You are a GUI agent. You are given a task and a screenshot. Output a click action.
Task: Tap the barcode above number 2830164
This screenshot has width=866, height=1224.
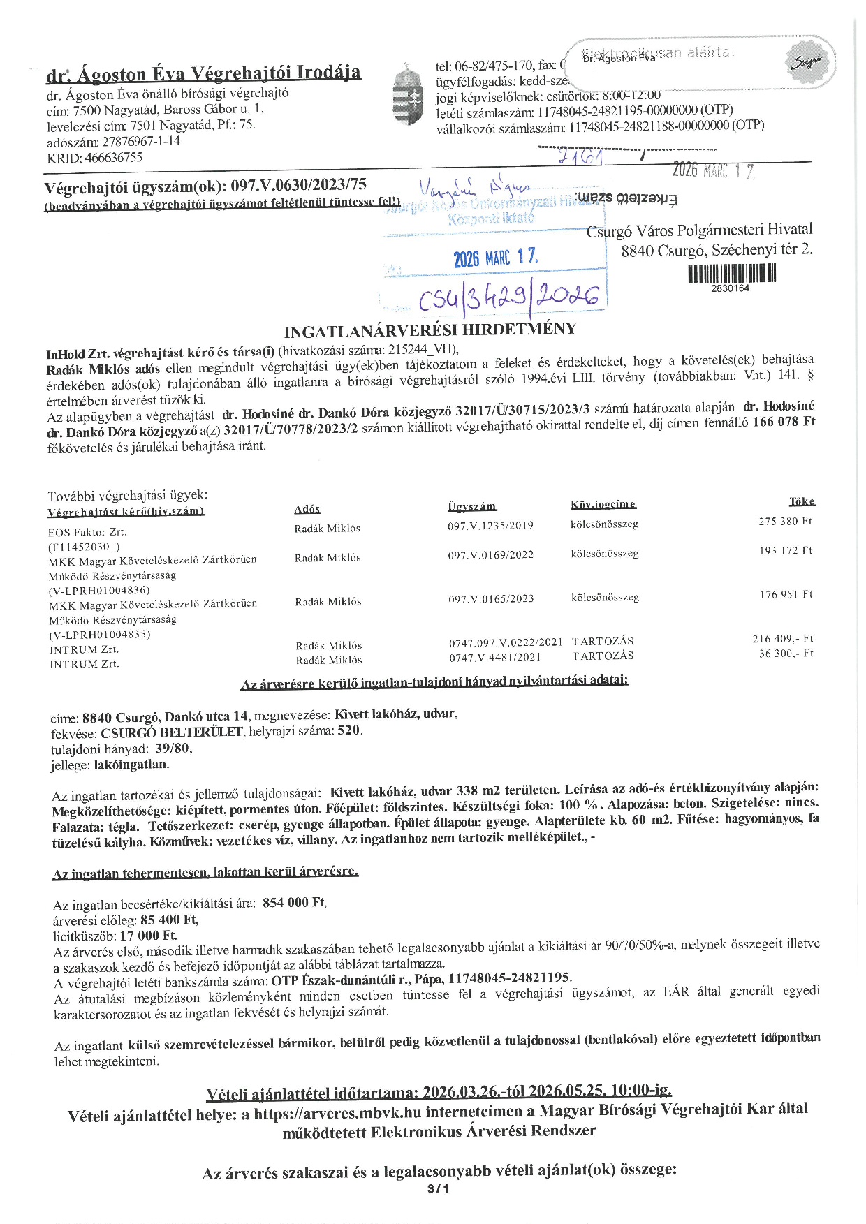coord(731,273)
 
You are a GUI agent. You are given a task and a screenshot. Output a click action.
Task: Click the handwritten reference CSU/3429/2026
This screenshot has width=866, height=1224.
coord(509,298)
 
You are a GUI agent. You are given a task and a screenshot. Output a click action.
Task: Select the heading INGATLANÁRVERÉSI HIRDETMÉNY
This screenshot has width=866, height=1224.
coord(430,330)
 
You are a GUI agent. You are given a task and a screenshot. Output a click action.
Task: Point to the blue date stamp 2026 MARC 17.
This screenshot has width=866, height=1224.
coord(495,258)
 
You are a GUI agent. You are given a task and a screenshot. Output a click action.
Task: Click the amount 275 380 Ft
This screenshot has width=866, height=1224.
coord(785,522)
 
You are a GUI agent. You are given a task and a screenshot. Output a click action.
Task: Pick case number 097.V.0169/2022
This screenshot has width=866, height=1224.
coord(490,555)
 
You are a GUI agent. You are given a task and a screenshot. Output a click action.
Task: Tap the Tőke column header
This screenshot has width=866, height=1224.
coord(802,502)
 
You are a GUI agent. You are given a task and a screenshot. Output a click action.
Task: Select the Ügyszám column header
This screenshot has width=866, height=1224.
coord(471,506)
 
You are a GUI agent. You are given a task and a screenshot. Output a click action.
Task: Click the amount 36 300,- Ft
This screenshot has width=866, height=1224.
coord(786,654)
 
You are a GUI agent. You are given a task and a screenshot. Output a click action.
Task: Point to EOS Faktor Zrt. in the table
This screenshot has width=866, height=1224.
coord(87,532)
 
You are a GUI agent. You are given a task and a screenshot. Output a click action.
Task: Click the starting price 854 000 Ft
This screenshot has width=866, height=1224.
coord(294,903)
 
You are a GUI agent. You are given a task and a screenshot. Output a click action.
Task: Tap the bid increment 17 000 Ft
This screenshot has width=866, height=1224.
coord(148,935)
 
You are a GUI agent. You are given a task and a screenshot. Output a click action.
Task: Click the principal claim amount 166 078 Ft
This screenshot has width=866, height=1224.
coord(784,422)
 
